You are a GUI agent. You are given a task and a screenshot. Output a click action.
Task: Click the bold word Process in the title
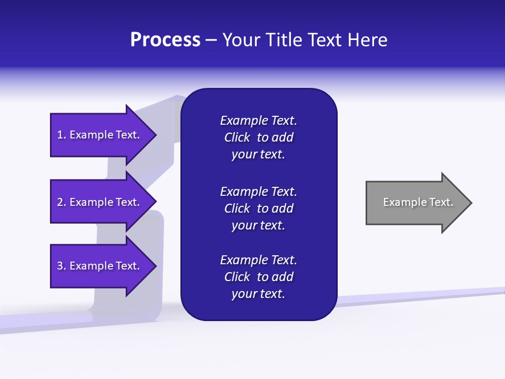165,40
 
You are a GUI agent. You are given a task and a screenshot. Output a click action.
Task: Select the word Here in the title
367,40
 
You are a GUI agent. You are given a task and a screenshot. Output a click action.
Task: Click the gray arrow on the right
416,203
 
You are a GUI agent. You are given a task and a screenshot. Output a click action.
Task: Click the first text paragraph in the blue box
258,137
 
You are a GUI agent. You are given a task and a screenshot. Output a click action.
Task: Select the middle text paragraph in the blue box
258,208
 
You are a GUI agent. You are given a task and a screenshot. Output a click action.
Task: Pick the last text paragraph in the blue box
258,277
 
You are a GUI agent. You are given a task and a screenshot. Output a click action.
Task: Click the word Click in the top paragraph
237,137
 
